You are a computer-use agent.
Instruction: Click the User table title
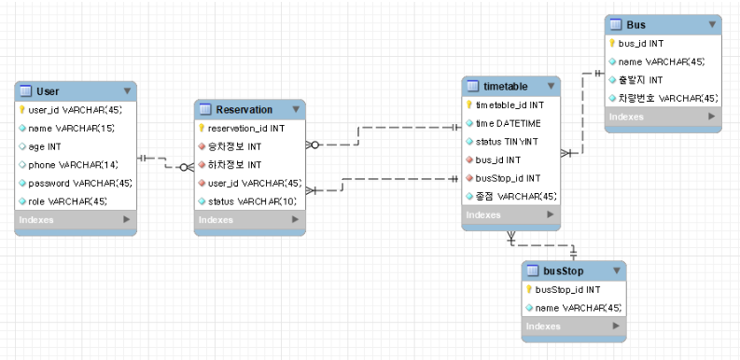click(x=48, y=90)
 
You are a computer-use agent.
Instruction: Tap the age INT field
click(x=44, y=146)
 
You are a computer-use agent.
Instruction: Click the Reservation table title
click(x=244, y=109)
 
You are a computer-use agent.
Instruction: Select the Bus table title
click(x=637, y=24)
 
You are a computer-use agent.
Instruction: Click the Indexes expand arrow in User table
click(x=128, y=220)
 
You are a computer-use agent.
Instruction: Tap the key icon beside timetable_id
click(x=469, y=104)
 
